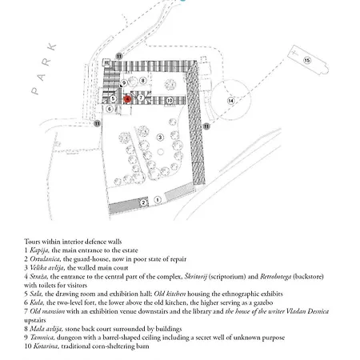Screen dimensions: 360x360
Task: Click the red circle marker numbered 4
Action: click(x=126, y=99)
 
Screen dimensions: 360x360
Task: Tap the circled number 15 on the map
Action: click(x=306, y=60)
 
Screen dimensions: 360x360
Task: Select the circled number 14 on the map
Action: click(x=230, y=101)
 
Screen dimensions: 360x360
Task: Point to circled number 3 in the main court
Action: click(x=161, y=137)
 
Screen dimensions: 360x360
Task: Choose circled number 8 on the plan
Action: click(x=142, y=80)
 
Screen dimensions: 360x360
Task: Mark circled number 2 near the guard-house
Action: click(x=143, y=202)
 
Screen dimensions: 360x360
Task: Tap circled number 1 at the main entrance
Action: click(x=158, y=198)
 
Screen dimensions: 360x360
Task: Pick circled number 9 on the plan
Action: click(x=124, y=82)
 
